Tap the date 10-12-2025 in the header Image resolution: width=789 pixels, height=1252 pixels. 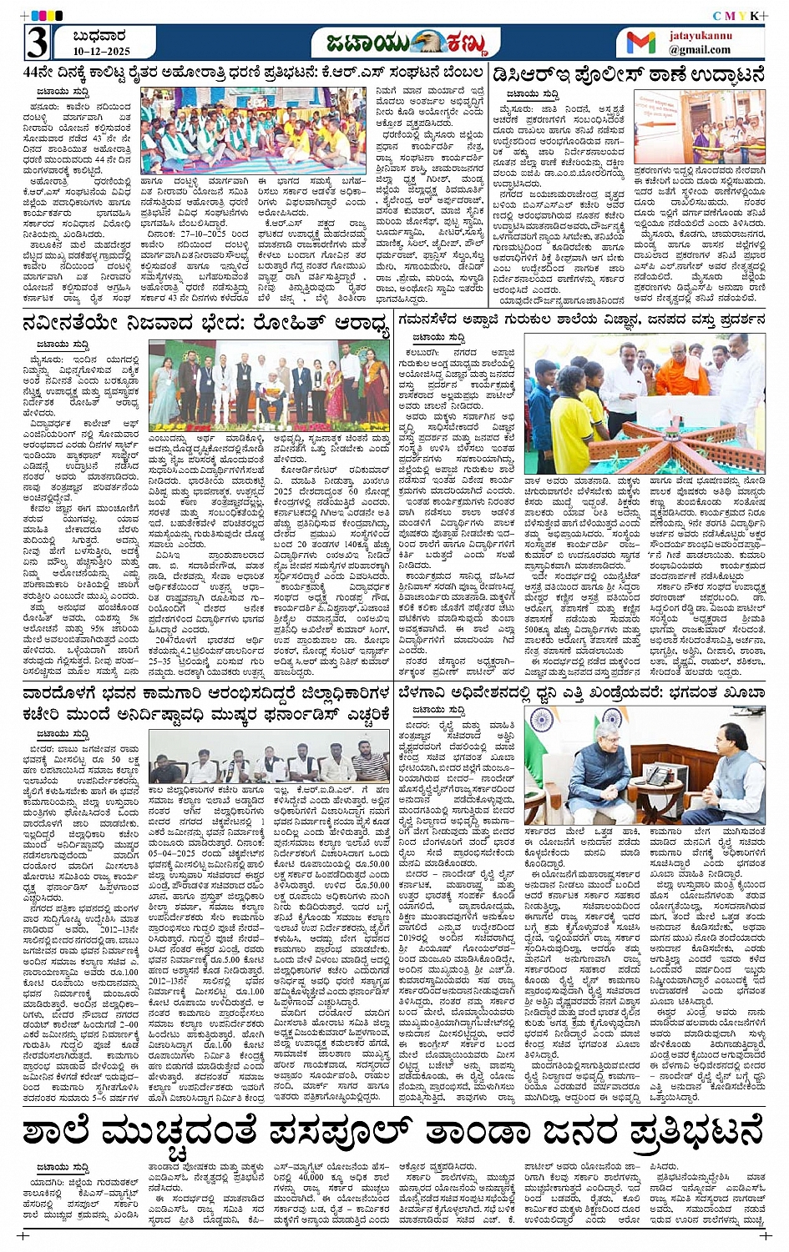101,51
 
